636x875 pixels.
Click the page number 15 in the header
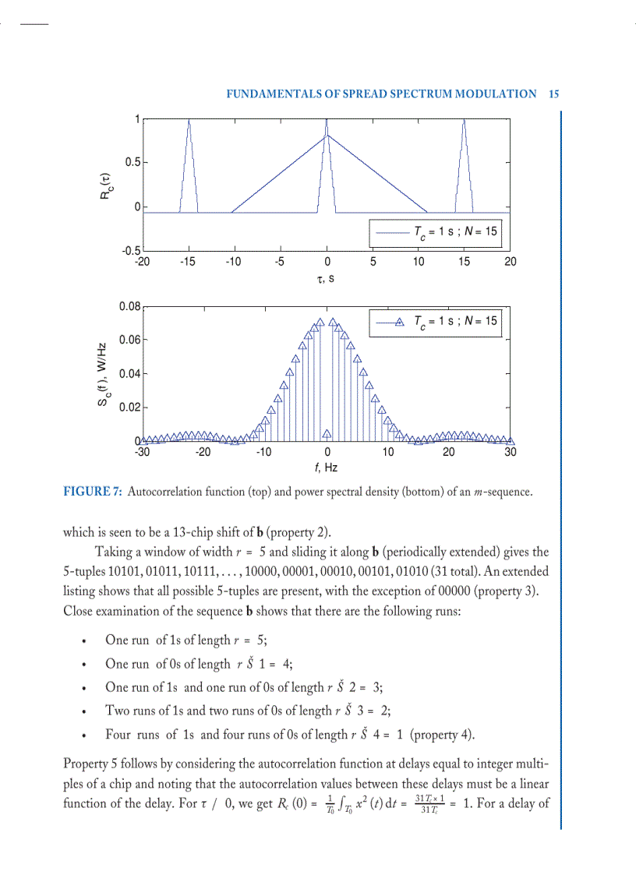554,93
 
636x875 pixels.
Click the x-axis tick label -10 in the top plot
234,262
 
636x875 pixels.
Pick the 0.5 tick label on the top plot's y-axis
130,162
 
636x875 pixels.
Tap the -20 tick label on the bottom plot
203,452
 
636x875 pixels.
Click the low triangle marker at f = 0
327,433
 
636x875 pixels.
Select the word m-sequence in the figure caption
503,492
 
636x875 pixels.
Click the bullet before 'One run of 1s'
83,641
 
